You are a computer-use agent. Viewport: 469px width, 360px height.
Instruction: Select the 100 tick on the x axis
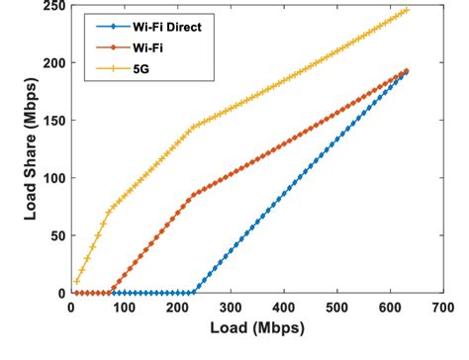(124, 309)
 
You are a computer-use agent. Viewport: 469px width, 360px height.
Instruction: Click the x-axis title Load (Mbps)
(256, 328)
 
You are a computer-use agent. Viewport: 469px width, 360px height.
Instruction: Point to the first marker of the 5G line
(76, 281)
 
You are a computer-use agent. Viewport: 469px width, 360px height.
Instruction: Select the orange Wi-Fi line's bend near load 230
(193, 195)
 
